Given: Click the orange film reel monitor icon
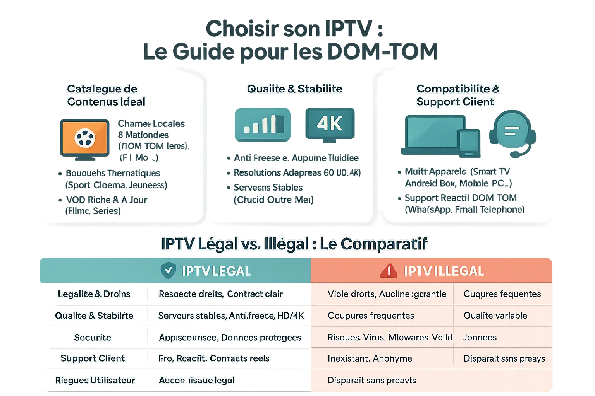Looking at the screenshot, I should pyautogui.click(x=84, y=138).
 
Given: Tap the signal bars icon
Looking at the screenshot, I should pyautogui.click(x=263, y=125).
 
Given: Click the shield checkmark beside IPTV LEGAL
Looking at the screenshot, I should pyautogui.click(x=168, y=270).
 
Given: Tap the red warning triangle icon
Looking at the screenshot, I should pyautogui.click(x=389, y=271).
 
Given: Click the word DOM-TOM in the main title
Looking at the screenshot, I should pyautogui.click(x=382, y=51).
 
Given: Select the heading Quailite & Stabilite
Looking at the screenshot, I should pyautogui.click(x=294, y=89).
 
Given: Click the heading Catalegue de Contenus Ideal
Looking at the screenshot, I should pyautogui.click(x=106, y=95).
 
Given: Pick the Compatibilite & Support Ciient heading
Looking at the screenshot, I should pyautogui.click(x=457, y=95).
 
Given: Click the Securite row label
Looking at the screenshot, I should pyautogui.click(x=93, y=337).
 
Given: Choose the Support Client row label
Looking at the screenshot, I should pyautogui.click(x=93, y=358).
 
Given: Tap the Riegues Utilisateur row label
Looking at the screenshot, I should pyautogui.click(x=95, y=380).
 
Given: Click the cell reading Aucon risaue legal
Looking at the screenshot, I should pyautogui.click(x=196, y=380).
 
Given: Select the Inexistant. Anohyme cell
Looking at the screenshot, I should pyautogui.click(x=370, y=358).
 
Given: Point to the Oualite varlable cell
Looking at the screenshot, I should pyautogui.click(x=495, y=316).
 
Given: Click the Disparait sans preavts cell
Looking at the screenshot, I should pyautogui.click(x=371, y=380).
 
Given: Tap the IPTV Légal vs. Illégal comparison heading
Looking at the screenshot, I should pyautogui.click(x=294, y=244).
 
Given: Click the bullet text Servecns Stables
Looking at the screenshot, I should pyautogui.click(x=268, y=188).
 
